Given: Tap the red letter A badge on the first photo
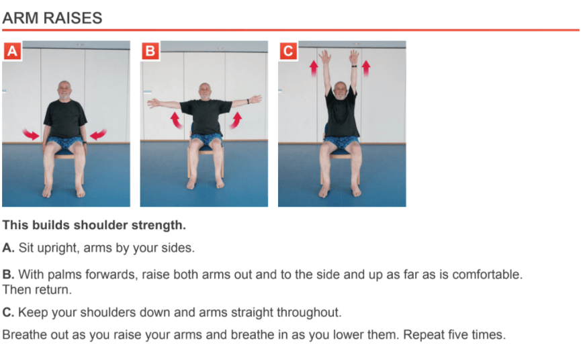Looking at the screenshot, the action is click(12, 51).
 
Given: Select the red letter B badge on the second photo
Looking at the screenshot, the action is click(150, 51).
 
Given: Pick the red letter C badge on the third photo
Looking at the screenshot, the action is click(288, 51).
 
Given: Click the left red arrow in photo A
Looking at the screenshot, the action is click(30, 134).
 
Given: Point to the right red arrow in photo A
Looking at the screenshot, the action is click(98, 134).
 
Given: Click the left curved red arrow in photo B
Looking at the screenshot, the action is click(176, 121).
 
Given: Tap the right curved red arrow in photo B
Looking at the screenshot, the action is click(235, 121).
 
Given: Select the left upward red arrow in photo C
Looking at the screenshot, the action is click(314, 69).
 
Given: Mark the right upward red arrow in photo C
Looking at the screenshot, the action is click(366, 69).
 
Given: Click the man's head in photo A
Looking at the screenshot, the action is click(64, 90).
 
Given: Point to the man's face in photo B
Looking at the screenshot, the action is click(205, 91).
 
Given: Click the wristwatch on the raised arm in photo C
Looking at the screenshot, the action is click(355, 66).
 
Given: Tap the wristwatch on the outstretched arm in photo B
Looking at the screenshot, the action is click(248, 101).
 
